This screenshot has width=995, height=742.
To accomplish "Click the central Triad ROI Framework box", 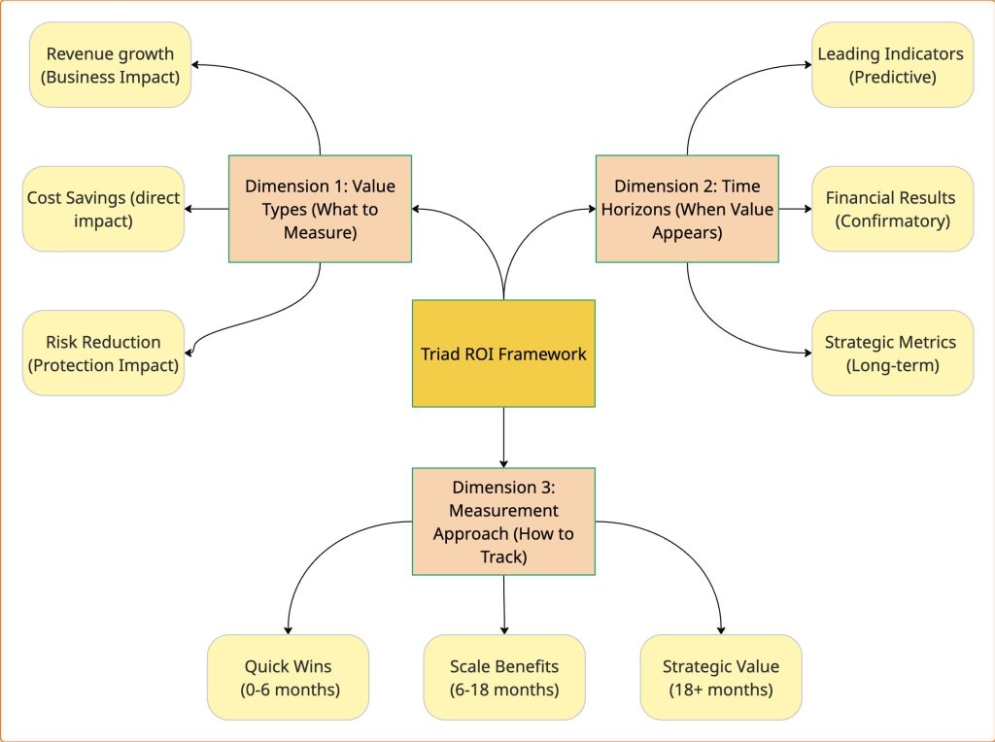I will (503, 354).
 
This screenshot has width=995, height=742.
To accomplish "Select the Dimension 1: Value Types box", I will (320, 208).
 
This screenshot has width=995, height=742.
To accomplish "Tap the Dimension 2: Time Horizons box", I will (687, 208).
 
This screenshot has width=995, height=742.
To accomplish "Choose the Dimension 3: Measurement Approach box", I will (503, 522).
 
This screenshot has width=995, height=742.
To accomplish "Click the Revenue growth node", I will (110, 65).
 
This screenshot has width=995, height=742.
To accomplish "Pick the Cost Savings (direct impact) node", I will (103, 208).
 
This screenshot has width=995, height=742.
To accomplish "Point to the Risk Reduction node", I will (103, 354).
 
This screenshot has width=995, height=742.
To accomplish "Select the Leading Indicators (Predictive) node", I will (891, 65).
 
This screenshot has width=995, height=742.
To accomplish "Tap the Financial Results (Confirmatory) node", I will (891, 208).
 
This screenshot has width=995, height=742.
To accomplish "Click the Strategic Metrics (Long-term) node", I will (891, 354).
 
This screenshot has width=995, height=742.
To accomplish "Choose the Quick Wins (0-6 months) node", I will (288, 677).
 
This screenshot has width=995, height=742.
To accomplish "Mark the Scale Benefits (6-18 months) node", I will (504, 677).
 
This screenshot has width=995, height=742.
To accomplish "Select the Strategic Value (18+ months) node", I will (721, 677).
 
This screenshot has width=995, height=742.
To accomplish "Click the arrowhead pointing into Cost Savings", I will (190, 208).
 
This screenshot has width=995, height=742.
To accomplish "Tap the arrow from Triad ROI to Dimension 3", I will (503, 437).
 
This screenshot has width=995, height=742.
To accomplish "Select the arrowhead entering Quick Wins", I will (288, 629).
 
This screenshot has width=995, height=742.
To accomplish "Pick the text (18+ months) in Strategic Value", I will (721, 690).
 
